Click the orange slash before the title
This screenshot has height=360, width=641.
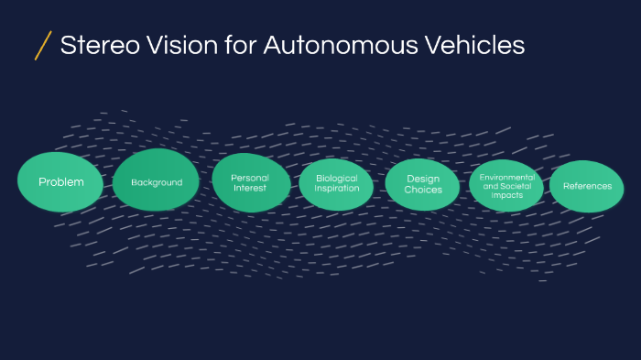[x=42, y=45]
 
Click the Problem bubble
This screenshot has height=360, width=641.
[x=60, y=181]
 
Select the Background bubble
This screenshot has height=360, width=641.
[x=157, y=181]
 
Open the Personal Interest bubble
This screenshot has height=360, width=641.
[x=250, y=182]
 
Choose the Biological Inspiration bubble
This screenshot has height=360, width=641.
[x=336, y=183]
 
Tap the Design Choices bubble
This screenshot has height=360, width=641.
[x=422, y=184]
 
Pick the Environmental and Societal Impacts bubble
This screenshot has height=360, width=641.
[x=506, y=185]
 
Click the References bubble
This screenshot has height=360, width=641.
[x=587, y=186]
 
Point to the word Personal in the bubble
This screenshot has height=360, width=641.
[x=250, y=178]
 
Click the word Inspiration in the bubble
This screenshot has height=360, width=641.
[x=336, y=189]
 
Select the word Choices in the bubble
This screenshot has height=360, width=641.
[x=423, y=190]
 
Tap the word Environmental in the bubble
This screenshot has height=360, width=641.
[x=507, y=176]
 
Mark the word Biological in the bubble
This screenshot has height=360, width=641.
[x=336, y=178]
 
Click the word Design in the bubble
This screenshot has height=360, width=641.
[x=423, y=179]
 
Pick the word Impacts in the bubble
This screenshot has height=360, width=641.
[x=507, y=194]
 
